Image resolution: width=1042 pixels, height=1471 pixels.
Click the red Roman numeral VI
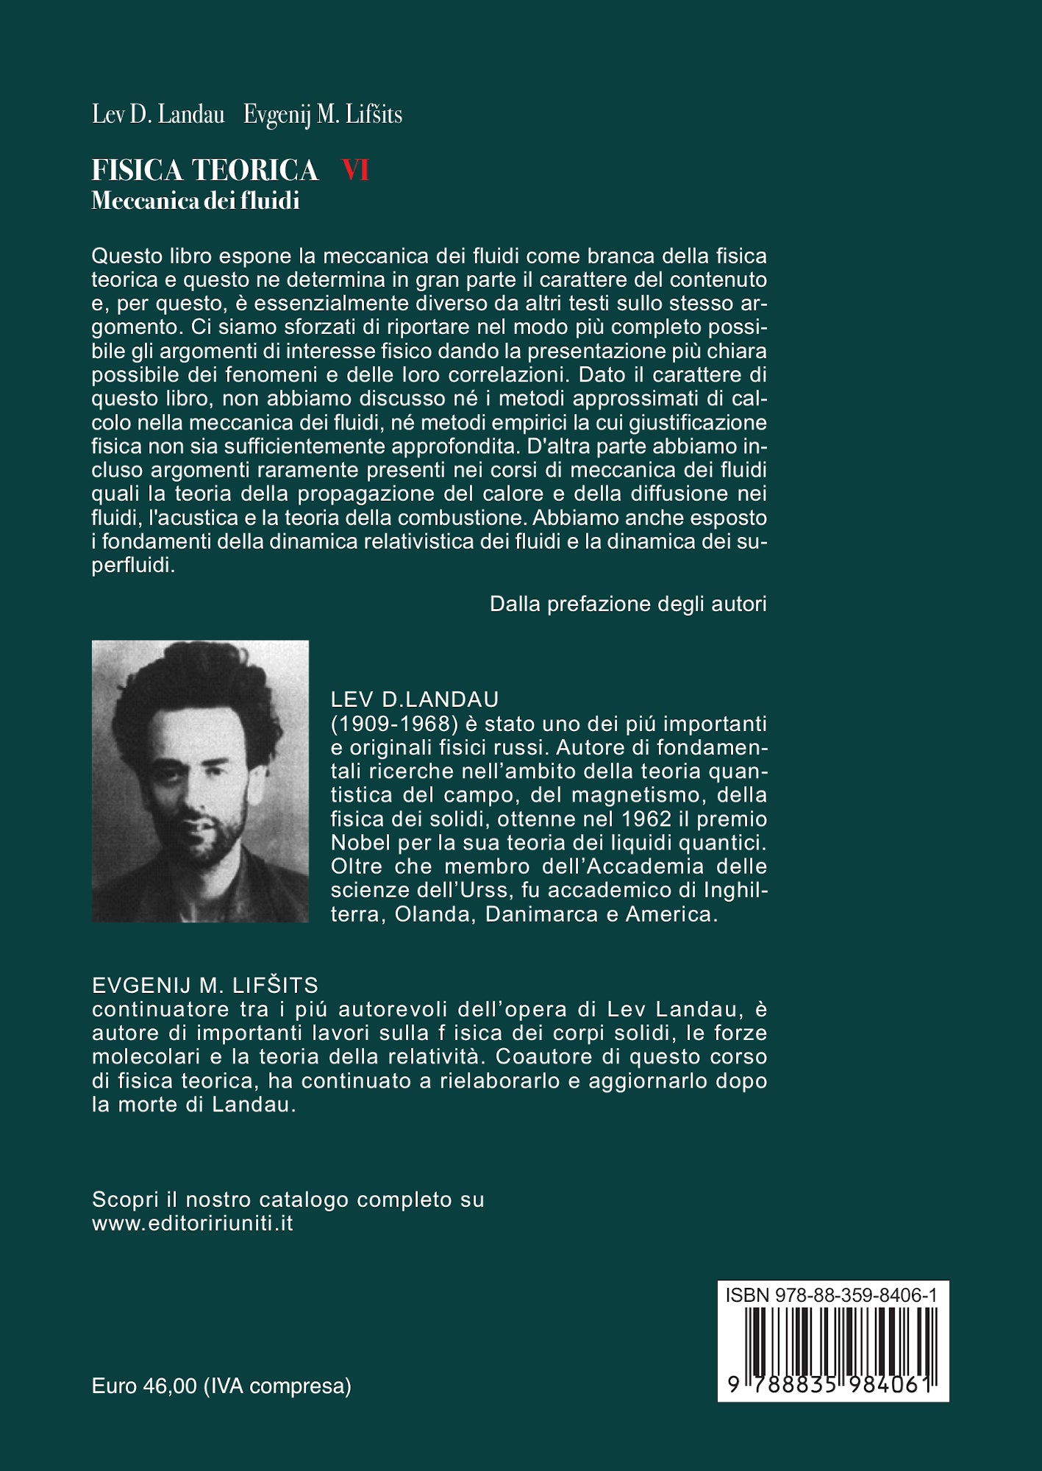355,171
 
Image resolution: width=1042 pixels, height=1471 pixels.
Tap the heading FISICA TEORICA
204,171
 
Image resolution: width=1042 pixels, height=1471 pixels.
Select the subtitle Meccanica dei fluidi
195,201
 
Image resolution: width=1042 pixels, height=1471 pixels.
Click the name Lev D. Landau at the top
158,115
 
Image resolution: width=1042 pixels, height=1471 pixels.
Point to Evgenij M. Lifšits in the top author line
323,115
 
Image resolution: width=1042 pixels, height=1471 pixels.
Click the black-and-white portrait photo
200,781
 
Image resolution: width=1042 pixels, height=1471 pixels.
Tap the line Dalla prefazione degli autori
627,604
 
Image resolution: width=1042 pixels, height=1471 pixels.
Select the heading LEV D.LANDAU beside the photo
415,699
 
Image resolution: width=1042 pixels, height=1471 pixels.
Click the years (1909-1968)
395,724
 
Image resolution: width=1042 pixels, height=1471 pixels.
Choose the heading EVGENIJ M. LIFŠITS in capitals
205,985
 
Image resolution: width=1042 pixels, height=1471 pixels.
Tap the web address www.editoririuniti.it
193,1223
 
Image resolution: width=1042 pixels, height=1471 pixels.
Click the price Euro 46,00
144,1386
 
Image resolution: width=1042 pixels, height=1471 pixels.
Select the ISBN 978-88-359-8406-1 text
831,1295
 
